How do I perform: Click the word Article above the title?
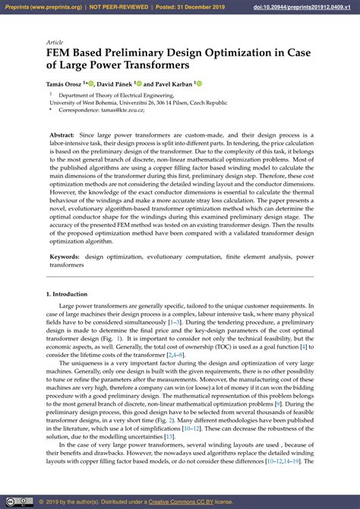(x=55, y=43)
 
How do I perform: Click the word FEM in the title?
(x=62, y=54)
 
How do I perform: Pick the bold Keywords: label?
(x=66, y=257)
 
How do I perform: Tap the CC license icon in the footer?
(x=11, y=502)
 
